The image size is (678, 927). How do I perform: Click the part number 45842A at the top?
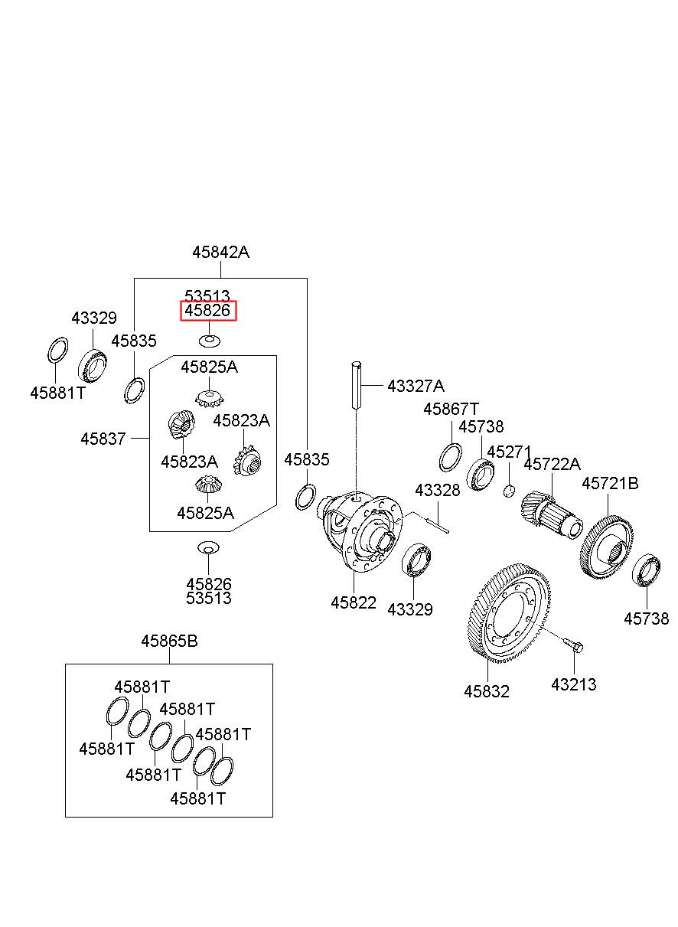220,252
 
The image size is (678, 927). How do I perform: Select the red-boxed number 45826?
207,310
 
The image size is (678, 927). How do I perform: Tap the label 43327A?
416,386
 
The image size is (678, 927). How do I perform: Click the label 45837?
103,439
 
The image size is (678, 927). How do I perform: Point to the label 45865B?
170,641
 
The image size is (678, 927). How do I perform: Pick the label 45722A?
553,464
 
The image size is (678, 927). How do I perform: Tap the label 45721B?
610,483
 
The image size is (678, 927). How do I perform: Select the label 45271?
509,452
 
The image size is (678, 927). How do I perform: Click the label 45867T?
451,410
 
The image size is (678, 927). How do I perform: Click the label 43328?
438,491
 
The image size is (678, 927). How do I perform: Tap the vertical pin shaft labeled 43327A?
357,385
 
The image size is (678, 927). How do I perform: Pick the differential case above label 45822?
360,531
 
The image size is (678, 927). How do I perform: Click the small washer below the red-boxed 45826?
210,341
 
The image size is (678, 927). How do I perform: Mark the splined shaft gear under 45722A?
550,515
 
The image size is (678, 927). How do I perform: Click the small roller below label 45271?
510,491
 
